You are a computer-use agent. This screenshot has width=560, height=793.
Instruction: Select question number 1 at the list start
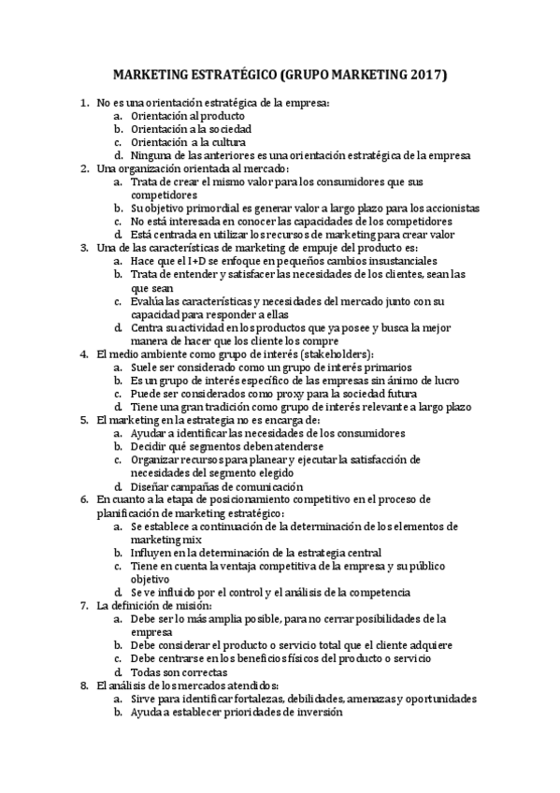84,101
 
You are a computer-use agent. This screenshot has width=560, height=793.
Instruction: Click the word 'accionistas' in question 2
446,208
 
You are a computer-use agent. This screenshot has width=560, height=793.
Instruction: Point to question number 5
84,421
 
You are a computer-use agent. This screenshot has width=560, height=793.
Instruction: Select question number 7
84,605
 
